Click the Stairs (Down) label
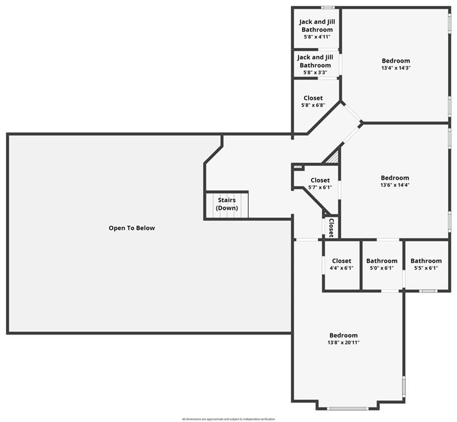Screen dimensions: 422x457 point(226,204)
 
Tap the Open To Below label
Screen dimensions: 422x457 point(132,228)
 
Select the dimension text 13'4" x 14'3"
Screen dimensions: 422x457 point(396,68)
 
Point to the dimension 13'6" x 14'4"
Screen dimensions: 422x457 point(395,185)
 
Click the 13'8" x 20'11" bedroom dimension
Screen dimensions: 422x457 point(344,342)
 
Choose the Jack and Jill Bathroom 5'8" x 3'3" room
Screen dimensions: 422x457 point(315,65)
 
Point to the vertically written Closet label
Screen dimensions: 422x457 point(331,227)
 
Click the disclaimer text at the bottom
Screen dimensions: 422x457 point(228,419)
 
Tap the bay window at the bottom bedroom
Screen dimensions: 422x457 point(347,408)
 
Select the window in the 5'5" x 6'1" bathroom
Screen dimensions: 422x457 point(428,291)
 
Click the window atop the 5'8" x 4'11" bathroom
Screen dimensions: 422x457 point(328,7)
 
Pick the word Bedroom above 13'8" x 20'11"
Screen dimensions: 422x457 point(344,335)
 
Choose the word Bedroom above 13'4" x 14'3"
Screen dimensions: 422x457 point(396,61)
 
